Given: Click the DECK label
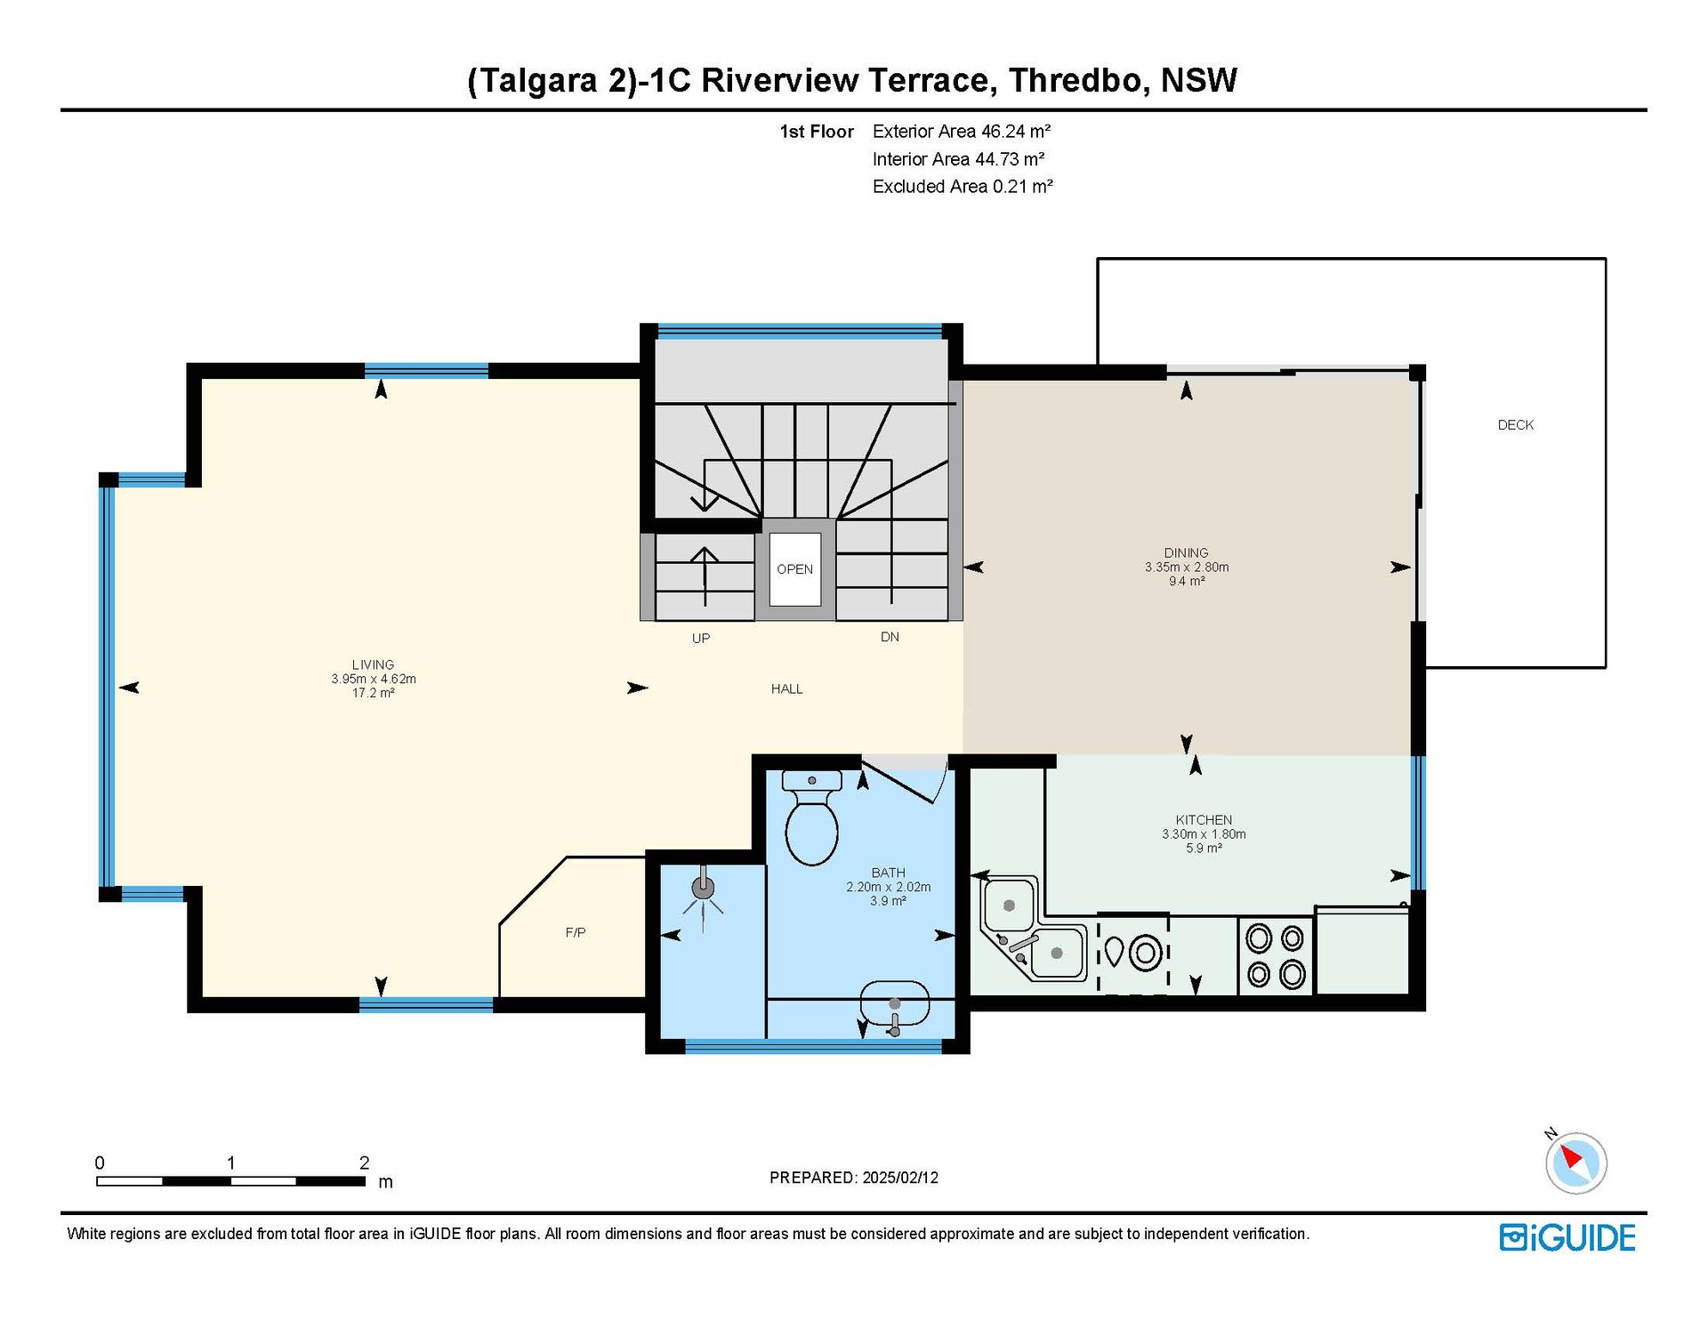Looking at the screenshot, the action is pos(1515,425).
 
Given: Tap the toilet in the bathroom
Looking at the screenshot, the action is pos(811,817).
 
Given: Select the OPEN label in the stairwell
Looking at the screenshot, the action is pos(794,569).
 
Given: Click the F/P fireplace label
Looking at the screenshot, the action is pos(576,932).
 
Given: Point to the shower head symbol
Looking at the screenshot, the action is pos(703,893).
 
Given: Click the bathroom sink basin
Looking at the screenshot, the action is pos(894,1006).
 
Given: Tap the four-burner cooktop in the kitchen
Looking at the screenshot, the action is pos(1275,956).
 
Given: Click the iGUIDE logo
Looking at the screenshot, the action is pos(1567,1237).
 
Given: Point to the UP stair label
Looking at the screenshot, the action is pos(701,638).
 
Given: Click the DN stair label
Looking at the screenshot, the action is pos(890,637).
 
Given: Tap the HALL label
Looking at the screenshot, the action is pos(786,688).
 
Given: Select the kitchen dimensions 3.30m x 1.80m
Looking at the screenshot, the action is pos(1204,834).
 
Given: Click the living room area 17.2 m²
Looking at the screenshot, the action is pos(373,693).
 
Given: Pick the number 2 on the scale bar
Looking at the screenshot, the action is pos(364,1163).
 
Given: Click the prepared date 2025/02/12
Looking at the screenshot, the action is pos(900,1178).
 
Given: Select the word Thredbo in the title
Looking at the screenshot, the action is pos(1075,80).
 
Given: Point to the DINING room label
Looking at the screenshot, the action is pos(1186,552).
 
